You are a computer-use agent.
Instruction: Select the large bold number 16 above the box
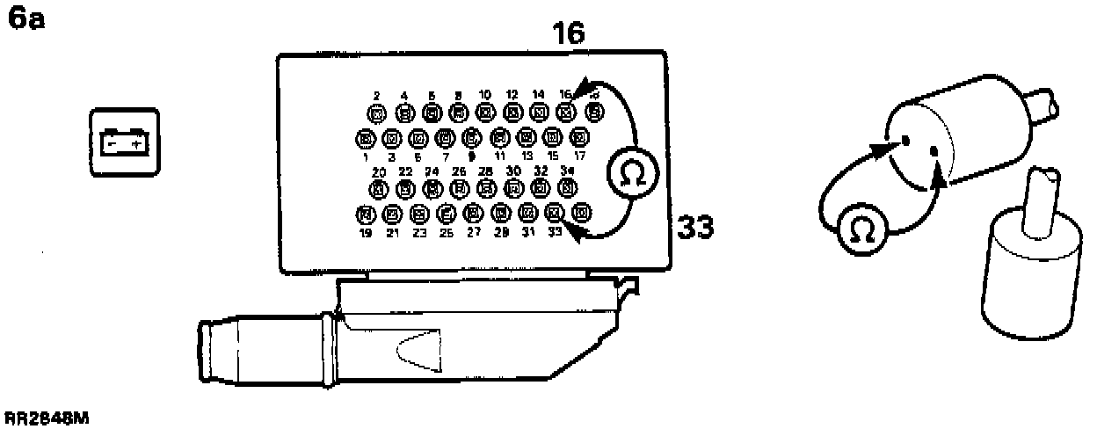(568, 33)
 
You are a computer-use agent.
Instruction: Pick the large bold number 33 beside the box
(694, 229)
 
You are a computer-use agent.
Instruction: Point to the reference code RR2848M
(46, 419)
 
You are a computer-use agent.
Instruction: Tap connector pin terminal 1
(364, 137)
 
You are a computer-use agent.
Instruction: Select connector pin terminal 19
(365, 214)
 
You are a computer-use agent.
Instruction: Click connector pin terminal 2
(377, 113)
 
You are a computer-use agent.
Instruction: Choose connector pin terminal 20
(379, 188)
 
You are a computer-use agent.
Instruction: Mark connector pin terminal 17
(579, 137)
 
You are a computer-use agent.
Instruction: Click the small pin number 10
(484, 95)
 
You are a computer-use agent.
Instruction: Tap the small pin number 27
(474, 233)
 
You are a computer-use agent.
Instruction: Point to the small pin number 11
(500, 155)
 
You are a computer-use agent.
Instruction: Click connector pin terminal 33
(554, 212)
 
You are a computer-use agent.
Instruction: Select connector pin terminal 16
(567, 112)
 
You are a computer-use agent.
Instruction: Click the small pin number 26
(459, 171)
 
